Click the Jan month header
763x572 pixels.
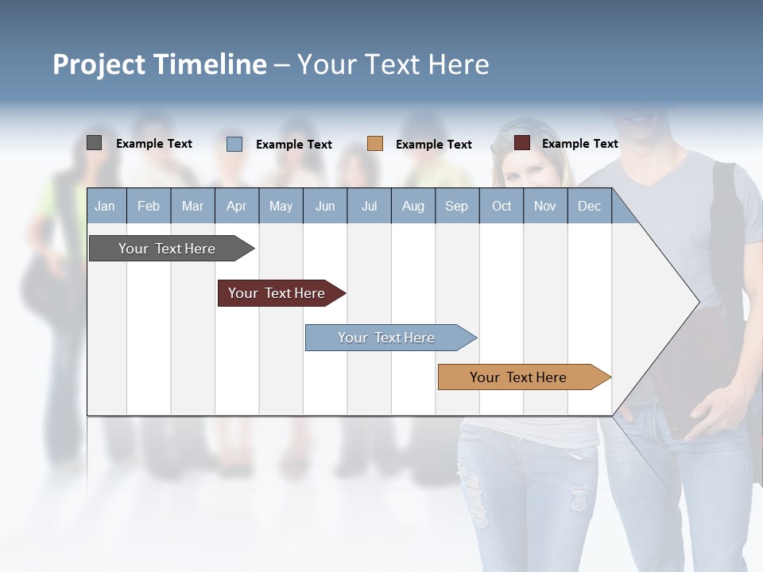(105, 206)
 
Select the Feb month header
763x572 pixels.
(149, 206)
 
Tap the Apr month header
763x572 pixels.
(236, 206)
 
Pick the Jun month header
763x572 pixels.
(325, 206)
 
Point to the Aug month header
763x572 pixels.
(412, 206)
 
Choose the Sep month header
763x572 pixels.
(456, 206)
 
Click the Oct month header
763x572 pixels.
(502, 206)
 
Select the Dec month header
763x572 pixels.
(589, 206)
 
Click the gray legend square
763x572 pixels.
(94, 143)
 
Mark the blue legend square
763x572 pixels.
(234, 144)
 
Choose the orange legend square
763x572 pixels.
(375, 144)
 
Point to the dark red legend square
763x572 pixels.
(522, 143)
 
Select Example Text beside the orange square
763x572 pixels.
(433, 145)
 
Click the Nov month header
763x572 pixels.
(545, 206)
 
